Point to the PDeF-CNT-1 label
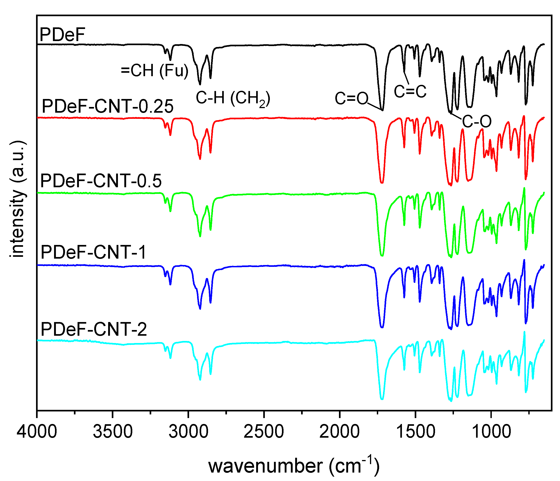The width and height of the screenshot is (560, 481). (x=93, y=252)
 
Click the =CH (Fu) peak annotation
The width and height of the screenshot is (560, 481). (x=154, y=71)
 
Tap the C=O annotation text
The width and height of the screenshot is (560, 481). (x=351, y=98)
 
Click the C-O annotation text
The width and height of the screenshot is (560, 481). (x=477, y=121)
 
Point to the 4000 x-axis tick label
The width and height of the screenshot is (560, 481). (x=37, y=431)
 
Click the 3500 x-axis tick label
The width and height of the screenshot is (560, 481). (x=112, y=431)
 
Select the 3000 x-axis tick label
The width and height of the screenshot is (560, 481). (x=188, y=431)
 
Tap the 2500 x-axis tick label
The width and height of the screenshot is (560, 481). (x=263, y=431)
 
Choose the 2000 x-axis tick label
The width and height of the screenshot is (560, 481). (x=339, y=431)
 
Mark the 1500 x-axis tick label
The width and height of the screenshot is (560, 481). (x=415, y=431)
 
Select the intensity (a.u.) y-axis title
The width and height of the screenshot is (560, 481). (x=18, y=199)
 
